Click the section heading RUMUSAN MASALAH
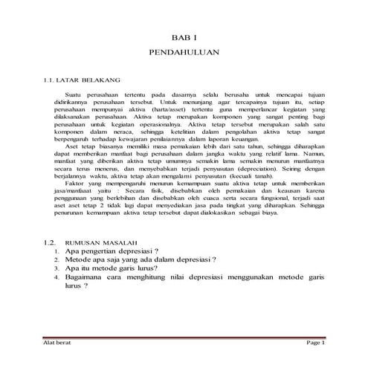pyautogui.click(x=97, y=242)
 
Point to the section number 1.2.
pyautogui.click(x=50, y=242)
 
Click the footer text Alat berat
pyautogui.click(x=57, y=341)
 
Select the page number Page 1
pyautogui.click(x=314, y=341)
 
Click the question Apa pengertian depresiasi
pyautogui.click(x=113, y=251)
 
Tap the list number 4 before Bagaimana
pyautogui.click(x=57, y=276)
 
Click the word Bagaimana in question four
pyautogui.click(x=84, y=276)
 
